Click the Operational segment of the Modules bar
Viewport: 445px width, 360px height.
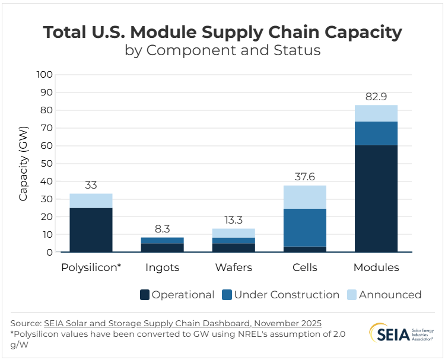(x=376, y=199)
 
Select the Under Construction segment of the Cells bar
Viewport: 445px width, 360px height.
(x=305, y=228)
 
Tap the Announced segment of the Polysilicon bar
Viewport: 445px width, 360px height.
(x=91, y=201)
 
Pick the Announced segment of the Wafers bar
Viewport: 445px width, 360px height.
(x=234, y=233)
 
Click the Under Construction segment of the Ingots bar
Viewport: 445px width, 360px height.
(x=163, y=241)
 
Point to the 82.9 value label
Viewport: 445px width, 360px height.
(x=376, y=97)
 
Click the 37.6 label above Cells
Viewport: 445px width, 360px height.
(x=305, y=177)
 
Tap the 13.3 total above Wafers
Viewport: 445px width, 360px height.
(x=234, y=220)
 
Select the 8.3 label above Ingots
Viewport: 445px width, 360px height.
(x=163, y=229)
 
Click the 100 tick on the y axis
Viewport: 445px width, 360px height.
(x=44, y=75)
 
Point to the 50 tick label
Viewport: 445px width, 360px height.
(x=46, y=164)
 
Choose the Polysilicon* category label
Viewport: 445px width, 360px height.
(x=91, y=267)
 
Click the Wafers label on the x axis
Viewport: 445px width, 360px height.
(x=234, y=267)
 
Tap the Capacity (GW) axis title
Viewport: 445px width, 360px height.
(x=23, y=164)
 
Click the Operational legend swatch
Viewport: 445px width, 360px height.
(x=145, y=295)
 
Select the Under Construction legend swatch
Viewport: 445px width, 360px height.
(x=227, y=295)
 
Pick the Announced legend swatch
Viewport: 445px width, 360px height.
(x=352, y=295)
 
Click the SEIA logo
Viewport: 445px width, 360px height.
(x=401, y=333)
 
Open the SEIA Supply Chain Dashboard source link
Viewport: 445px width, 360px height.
(x=183, y=323)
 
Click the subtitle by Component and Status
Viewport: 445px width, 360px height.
(x=223, y=50)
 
